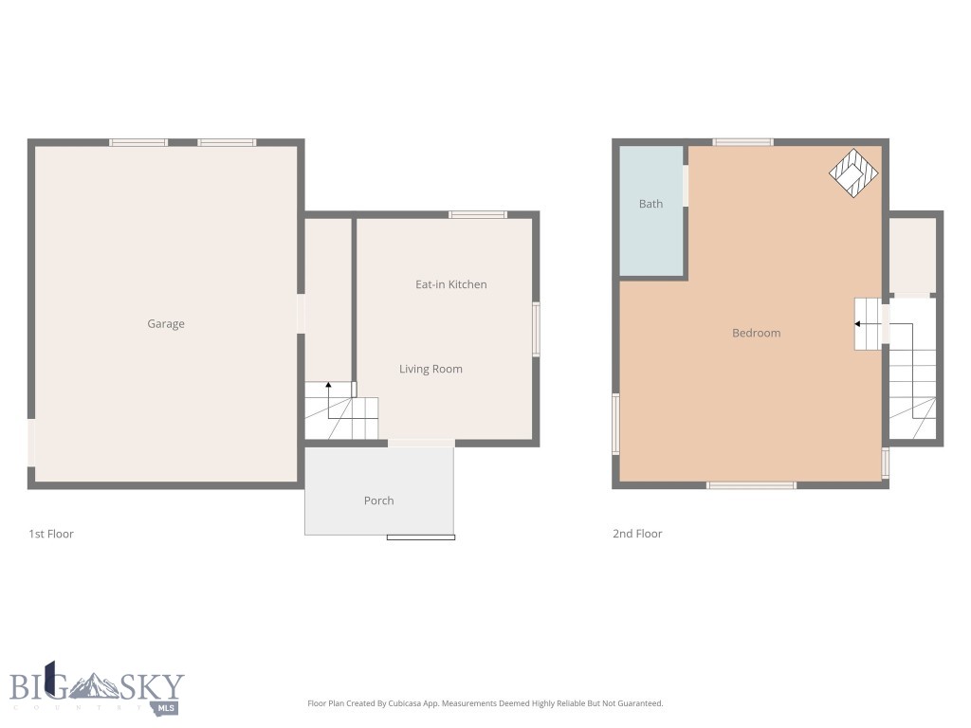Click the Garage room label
(x=166, y=324)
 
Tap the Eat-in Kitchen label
(x=451, y=284)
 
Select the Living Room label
(x=431, y=369)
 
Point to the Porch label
(x=378, y=500)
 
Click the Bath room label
(x=650, y=204)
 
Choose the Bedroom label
(x=756, y=333)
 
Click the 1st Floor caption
(x=51, y=534)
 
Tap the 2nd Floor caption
(x=637, y=534)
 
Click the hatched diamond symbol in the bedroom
(x=853, y=173)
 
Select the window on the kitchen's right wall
(x=536, y=329)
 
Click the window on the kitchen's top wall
(x=478, y=215)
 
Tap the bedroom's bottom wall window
(x=751, y=485)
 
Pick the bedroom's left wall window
(x=615, y=423)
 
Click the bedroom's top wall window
(x=742, y=142)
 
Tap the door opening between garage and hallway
(x=301, y=313)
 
